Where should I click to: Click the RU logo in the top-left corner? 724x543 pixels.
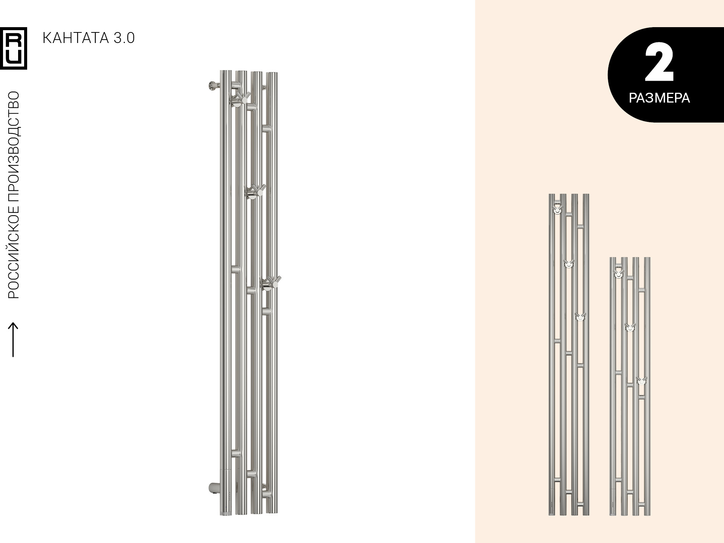pos(14,48)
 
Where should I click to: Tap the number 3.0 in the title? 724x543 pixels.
pos(123,38)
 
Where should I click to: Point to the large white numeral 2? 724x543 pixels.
pos(659,62)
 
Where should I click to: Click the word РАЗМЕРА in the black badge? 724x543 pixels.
pos(659,98)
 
